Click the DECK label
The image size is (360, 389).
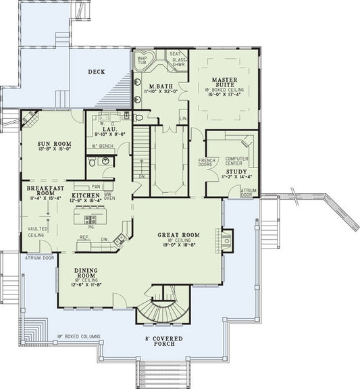click(x=97, y=71)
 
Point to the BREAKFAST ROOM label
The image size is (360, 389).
click(x=46, y=190)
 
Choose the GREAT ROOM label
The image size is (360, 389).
click(x=178, y=235)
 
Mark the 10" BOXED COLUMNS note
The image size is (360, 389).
click(x=79, y=335)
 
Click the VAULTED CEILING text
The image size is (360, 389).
click(x=37, y=232)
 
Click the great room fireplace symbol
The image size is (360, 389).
click(x=226, y=239)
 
